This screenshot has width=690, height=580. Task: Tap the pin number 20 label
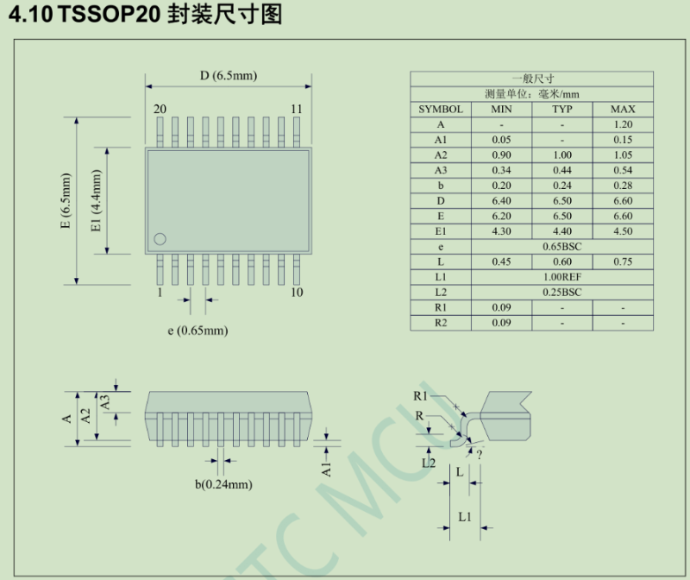click(160, 109)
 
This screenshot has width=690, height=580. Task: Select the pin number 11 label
click(296, 109)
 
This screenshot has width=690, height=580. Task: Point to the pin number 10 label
click(296, 293)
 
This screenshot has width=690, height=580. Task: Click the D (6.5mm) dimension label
click(229, 76)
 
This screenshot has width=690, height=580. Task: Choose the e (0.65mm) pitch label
click(198, 331)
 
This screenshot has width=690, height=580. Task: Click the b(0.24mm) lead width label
click(223, 484)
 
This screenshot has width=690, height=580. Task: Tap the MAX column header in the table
click(623, 110)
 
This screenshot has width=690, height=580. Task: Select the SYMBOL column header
click(441, 110)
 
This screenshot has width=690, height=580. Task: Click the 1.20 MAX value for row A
click(623, 124)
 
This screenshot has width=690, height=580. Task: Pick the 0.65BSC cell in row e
click(562, 247)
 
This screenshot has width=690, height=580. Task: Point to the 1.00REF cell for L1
click(562, 277)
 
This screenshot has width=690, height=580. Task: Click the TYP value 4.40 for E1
click(562, 231)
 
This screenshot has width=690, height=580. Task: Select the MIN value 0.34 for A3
click(501, 170)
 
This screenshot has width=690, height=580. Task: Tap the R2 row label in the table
click(441, 323)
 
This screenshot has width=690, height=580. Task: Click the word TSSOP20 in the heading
click(109, 16)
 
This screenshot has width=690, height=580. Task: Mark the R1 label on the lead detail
click(421, 395)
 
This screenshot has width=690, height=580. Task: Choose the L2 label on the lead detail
click(429, 463)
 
